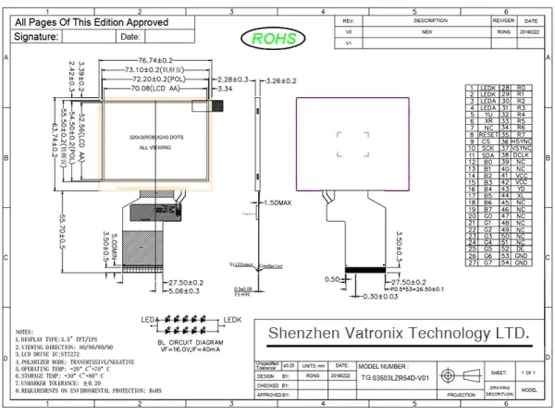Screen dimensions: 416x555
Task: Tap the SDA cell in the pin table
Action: (x=488, y=156)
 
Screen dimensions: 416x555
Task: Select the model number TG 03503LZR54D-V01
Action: (x=398, y=379)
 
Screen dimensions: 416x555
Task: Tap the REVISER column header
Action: (x=503, y=19)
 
